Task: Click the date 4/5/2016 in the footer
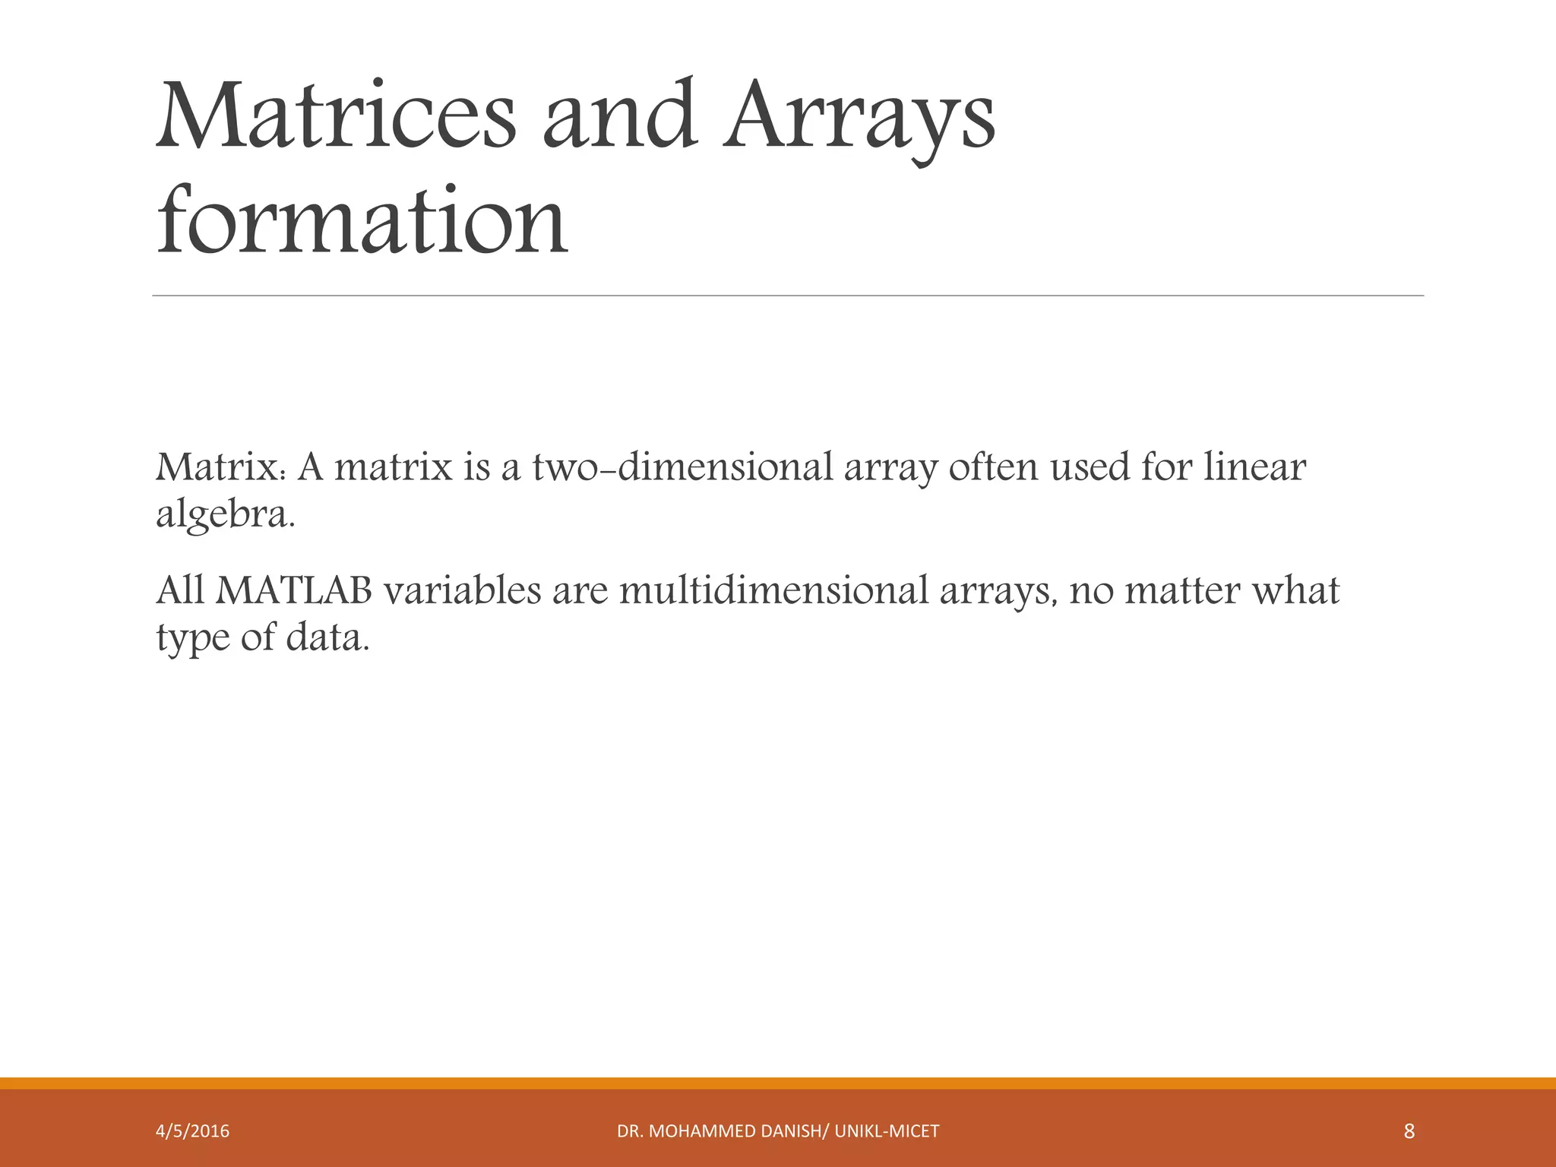click(x=193, y=1131)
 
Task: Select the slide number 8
click(x=1409, y=1131)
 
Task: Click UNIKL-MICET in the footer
click(x=887, y=1131)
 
